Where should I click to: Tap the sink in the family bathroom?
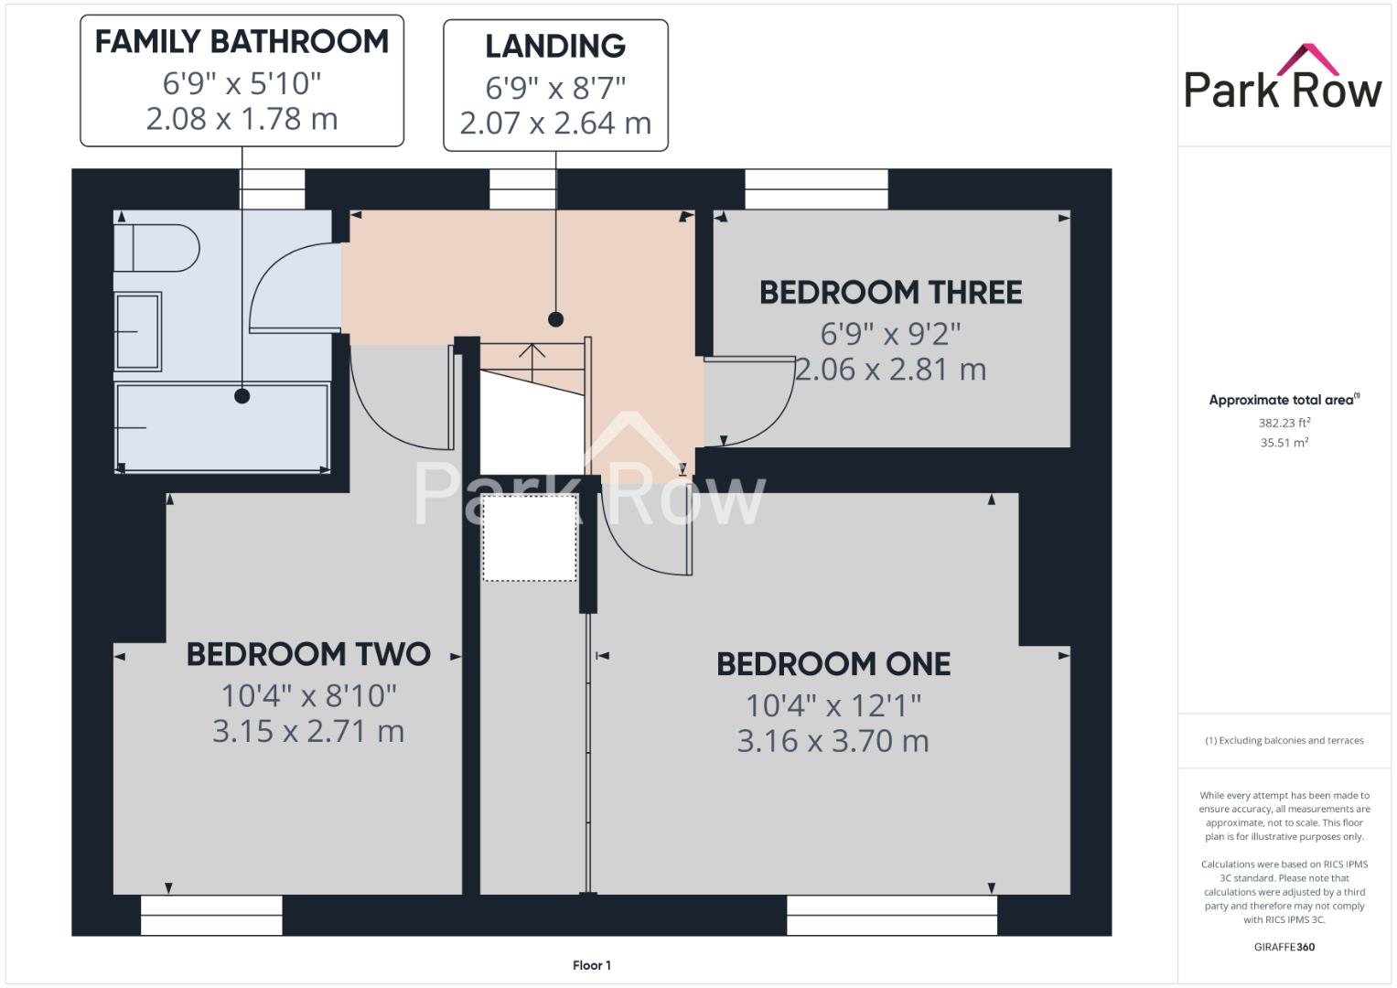(138, 331)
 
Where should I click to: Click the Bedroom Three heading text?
(890, 293)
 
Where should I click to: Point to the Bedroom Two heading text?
(308, 654)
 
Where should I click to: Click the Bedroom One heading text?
(833, 664)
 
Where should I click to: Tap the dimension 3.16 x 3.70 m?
(833, 741)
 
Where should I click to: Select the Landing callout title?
(555, 46)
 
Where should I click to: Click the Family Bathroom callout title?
(242, 41)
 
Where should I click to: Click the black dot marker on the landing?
(555, 319)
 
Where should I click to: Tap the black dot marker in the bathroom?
(242, 396)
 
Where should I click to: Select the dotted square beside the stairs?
(530, 538)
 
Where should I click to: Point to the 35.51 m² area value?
(1284, 443)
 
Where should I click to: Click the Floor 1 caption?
(592, 965)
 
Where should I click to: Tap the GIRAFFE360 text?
(1284, 947)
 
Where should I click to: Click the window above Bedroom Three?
(816, 189)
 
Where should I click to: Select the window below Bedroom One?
(892, 915)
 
